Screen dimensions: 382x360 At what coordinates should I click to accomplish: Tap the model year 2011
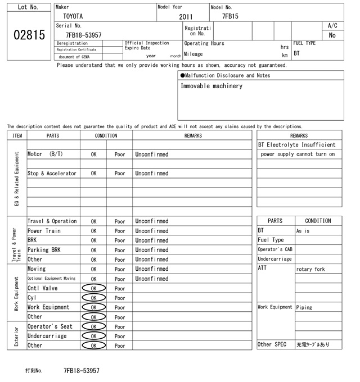[x=186, y=17]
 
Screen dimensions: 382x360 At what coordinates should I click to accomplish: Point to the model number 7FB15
[x=230, y=16]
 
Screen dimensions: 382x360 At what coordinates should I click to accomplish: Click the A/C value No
[x=332, y=35]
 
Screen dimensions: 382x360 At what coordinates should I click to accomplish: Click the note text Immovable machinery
[x=211, y=86]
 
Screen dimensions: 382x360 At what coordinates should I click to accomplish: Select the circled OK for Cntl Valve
[x=93, y=288]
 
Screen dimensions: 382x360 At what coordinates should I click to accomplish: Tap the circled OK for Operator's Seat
[x=93, y=326]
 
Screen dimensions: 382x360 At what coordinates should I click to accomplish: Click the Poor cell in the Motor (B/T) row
[x=120, y=154]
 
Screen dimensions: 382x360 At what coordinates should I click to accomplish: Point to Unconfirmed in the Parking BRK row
[x=151, y=250]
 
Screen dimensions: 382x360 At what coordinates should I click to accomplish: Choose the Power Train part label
[x=43, y=231]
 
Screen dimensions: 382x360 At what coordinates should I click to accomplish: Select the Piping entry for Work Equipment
[x=305, y=307]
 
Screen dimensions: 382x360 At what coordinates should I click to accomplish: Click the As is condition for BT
[x=303, y=231]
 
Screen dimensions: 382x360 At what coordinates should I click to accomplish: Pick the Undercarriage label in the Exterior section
[x=47, y=336]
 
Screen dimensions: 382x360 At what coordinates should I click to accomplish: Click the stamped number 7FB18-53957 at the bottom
[x=82, y=371]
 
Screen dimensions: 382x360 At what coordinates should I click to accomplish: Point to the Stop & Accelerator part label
[x=52, y=174]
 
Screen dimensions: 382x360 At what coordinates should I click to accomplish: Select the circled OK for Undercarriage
[x=93, y=336]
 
